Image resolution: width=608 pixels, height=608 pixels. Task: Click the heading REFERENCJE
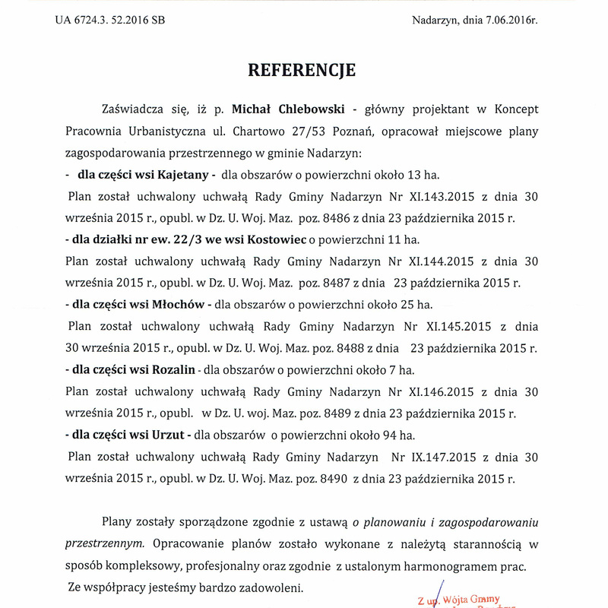point(302,71)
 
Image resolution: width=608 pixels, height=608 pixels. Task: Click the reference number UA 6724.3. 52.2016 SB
point(109,20)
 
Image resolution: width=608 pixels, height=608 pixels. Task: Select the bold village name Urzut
point(169,436)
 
